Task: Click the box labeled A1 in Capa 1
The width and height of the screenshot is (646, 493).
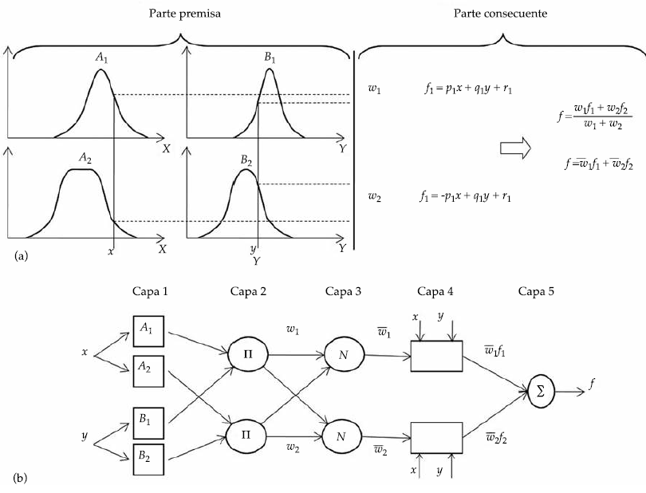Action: click(148, 329)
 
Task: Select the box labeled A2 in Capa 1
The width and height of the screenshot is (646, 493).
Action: click(148, 368)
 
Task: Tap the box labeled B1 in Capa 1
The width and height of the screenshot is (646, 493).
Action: click(148, 418)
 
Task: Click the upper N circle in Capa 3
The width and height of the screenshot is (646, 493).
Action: click(343, 353)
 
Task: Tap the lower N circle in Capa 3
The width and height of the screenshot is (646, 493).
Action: click(343, 436)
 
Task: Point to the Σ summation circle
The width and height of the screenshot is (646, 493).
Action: click(541, 391)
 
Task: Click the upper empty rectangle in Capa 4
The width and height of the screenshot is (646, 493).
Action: click(435, 356)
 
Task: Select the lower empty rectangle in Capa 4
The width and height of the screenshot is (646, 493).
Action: click(435, 439)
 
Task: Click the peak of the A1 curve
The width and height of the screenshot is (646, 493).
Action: click(100, 71)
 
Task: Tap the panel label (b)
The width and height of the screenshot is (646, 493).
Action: click(22, 479)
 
